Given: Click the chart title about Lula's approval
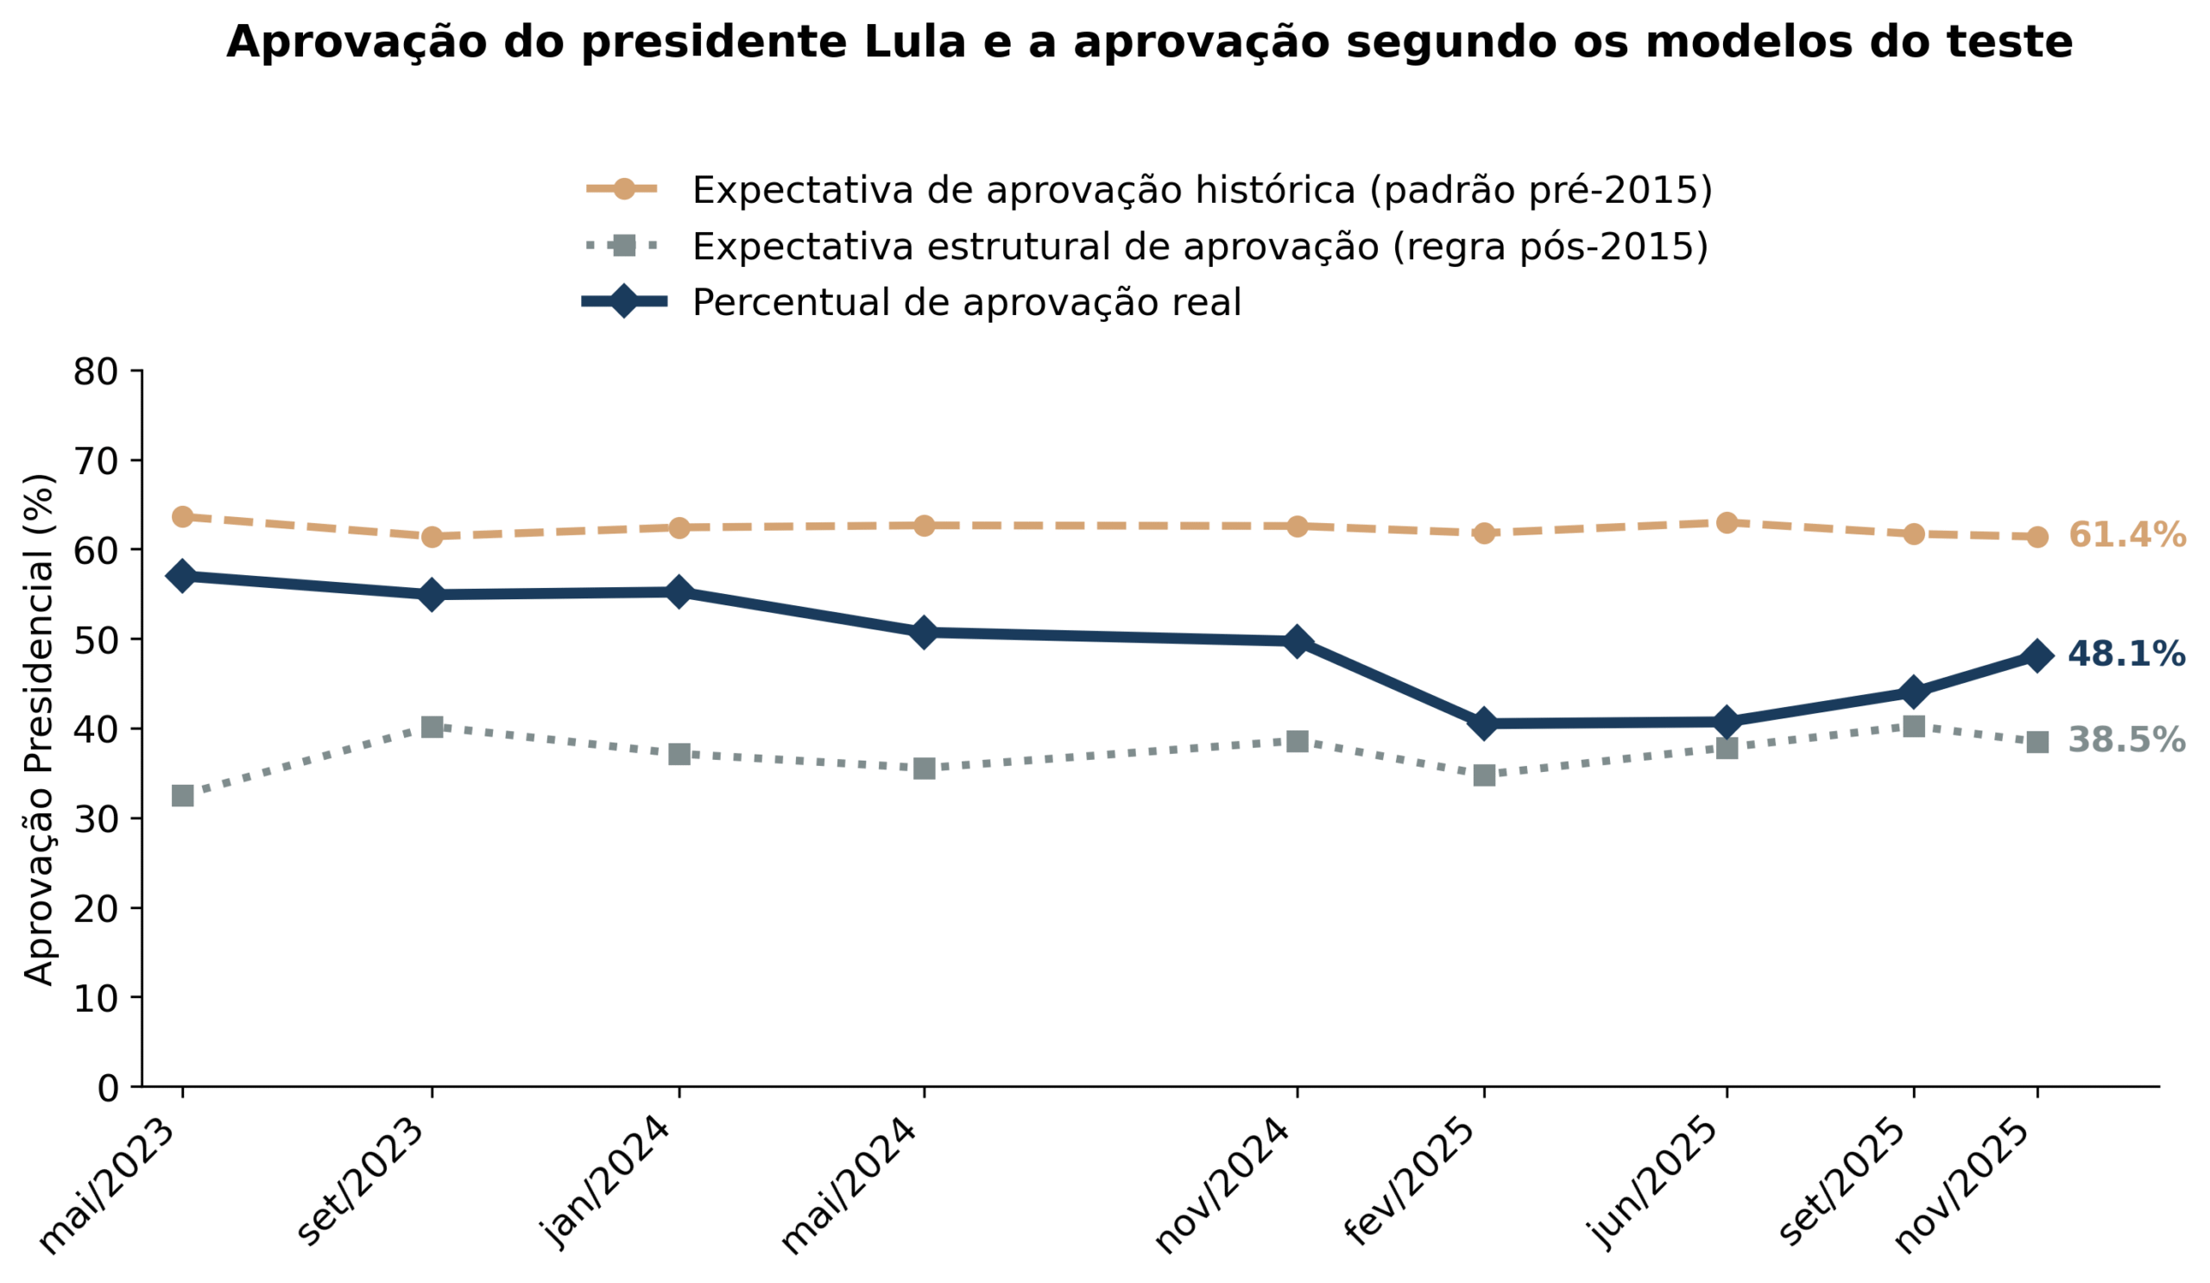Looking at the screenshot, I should [1149, 42].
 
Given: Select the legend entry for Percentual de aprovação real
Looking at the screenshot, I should [965, 302].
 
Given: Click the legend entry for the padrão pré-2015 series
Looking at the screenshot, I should [1201, 190].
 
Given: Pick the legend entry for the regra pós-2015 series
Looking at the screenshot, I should [1199, 246].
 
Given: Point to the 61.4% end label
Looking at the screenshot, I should [2125, 535].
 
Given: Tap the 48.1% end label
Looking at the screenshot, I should [2125, 654].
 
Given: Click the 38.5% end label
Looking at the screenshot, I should [2125, 740].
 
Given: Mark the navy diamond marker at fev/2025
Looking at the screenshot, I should [1484, 724].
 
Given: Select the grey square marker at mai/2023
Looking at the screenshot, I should [182, 795].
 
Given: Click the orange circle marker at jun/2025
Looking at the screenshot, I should [1727, 522].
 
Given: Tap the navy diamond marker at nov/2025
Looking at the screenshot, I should [2037, 655].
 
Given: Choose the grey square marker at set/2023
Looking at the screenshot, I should [432, 727].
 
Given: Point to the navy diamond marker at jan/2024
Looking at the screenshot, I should [679, 592].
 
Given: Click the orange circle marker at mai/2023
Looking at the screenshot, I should [182, 516].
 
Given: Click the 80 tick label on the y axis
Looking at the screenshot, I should [95, 372].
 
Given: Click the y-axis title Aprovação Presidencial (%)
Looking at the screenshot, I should [39, 729].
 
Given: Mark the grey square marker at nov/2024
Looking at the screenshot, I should [1297, 741].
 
